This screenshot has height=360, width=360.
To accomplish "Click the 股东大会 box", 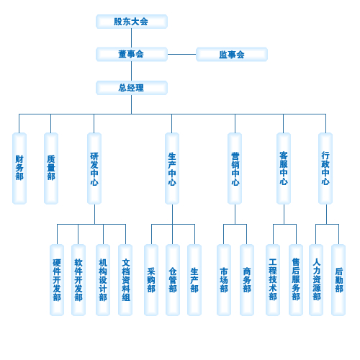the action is click(x=132, y=22).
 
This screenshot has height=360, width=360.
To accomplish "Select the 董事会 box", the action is click(x=132, y=54).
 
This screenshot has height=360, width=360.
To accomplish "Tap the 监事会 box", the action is click(x=232, y=54).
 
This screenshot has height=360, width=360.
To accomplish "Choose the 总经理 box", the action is click(x=132, y=88).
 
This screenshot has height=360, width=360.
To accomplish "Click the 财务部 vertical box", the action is click(x=19, y=168).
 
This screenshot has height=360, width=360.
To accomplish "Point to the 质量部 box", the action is click(x=51, y=168).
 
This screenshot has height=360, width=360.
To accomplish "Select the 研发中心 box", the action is click(x=94, y=168).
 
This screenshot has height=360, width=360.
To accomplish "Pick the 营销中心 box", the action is click(x=235, y=168).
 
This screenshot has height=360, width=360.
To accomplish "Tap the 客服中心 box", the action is click(x=284, y=168).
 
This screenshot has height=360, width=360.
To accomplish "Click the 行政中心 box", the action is click(x=325, y=168).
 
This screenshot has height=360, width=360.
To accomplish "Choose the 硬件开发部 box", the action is click(x=57, y=280).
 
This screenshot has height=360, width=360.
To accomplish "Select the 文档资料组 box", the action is click(x=125, y=280).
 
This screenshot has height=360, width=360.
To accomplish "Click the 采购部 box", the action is click(x=151, y=280).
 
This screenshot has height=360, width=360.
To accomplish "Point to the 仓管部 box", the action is click(x=173, y=280).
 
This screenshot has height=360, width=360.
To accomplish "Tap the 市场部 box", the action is click(x=224, y=280).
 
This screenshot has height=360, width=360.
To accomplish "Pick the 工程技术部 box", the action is click(x=273, y=280).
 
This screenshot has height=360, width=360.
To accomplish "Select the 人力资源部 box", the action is click(x=316, y=280).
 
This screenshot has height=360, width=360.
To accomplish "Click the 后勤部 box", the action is click(x=338, y=280).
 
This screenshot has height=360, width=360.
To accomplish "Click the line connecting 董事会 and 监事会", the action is click(x=181, y=54).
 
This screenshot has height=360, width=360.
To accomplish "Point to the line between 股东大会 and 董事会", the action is click(x=131, y=38).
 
